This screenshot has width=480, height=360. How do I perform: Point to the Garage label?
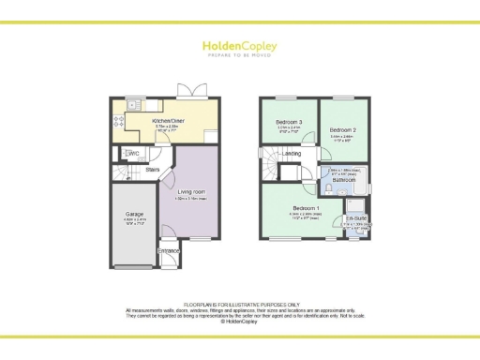pyautogui.click(x=134, y=214)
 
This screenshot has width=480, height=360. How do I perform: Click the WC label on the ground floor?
pyautogui.click(x=134, y=154)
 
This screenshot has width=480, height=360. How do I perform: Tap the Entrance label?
pyautogui.click(x=168, y=251)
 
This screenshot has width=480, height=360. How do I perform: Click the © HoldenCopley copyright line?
pyautogui.click(x=239, y=321)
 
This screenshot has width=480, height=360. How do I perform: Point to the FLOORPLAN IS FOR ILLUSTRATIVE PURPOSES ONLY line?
pyautogui.click(x=239, y=304)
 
